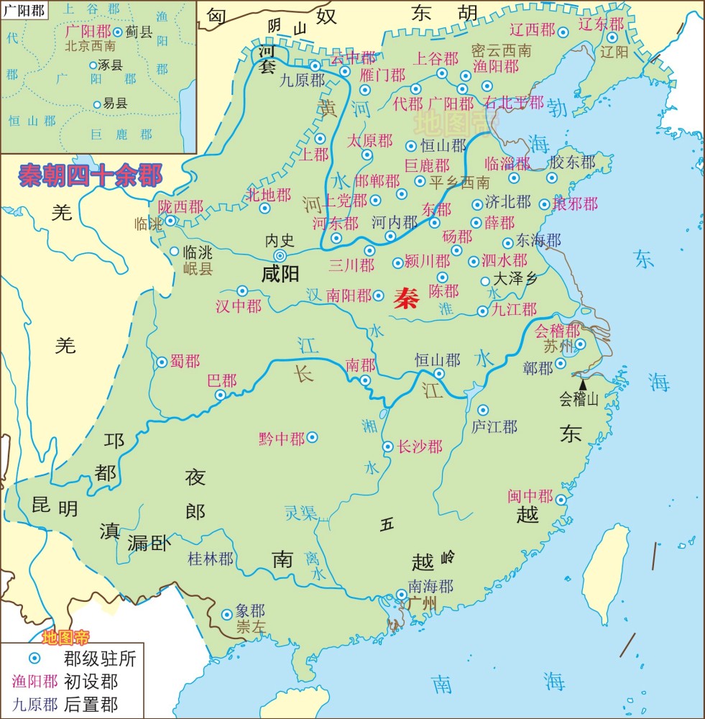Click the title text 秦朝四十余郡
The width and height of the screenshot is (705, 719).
coord(91,175)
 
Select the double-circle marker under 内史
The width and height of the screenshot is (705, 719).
coord(280,255)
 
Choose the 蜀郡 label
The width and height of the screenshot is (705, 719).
coord(185,362)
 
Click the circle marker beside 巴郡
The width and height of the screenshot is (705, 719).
coord(221,394)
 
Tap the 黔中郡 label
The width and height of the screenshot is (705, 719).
coord(282,438)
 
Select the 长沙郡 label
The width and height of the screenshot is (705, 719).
coord(420,447)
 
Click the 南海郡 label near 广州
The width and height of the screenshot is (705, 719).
coord(430,585)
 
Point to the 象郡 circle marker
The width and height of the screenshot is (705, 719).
coord(226,614)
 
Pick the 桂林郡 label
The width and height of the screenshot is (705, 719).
coord(210,559)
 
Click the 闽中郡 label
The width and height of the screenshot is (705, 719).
coord(530,497)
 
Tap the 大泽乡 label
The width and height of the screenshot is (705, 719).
coord(515,280)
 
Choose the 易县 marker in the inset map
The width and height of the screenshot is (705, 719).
coord(97,104)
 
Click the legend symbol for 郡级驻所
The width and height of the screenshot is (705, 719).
coord(33,657)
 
